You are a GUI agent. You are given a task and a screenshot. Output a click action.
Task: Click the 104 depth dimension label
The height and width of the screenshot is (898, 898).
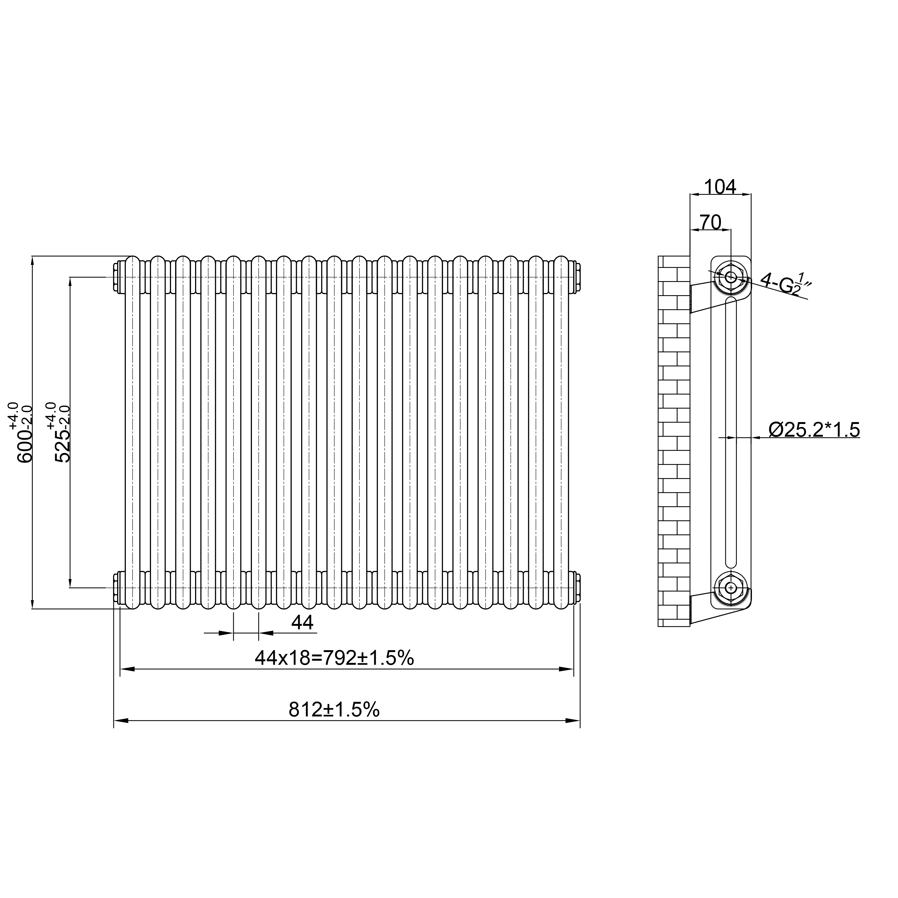[x=720, y=187]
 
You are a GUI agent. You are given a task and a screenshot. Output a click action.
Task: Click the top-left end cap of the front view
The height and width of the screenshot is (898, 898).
[x=116, y=278]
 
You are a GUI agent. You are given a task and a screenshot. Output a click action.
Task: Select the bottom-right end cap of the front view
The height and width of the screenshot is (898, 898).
[x=578, y=588]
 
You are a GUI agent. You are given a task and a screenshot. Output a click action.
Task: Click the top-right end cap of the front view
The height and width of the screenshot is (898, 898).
[x=578, y=278]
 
